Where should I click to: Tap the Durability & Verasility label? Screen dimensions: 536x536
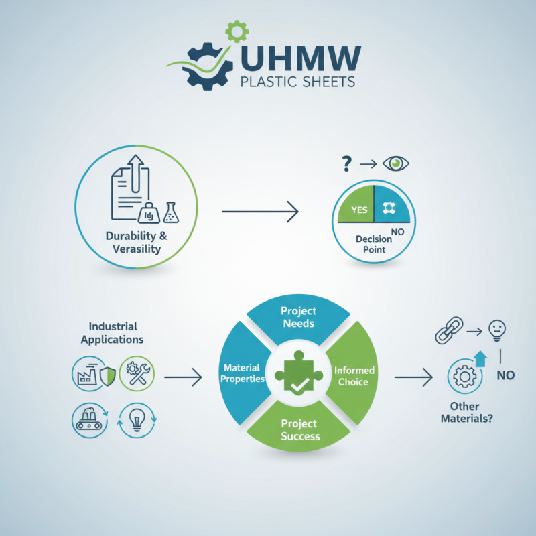[x=137, y=243]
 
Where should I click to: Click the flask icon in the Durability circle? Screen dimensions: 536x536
[x=172, y=212]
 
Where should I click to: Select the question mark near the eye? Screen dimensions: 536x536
[x=346, y=163]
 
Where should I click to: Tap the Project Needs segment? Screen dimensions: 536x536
[x=299, y=316]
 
